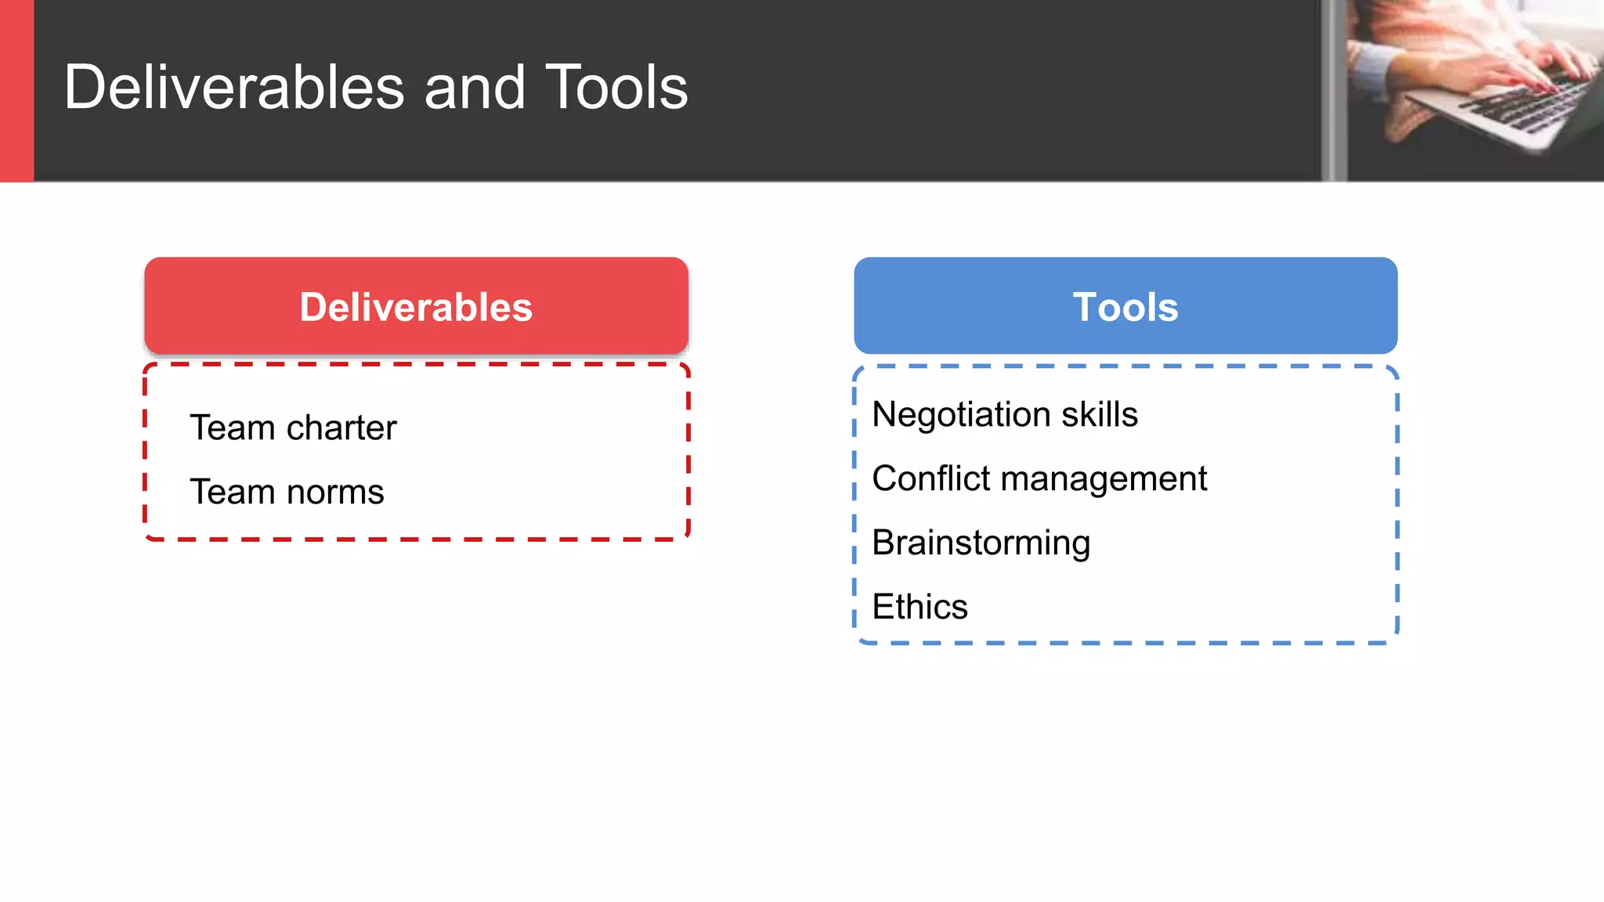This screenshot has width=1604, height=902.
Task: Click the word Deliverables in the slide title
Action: pyautogui.click(x=234, y=88)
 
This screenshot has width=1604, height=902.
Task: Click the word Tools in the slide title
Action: pyautogui.click(x=616, y=88)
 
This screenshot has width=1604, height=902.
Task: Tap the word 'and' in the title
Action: pyautogui.click(x=474, y=88)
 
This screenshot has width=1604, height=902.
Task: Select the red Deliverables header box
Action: pyautogui.click(x=416, y=306)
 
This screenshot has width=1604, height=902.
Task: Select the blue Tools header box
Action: pyautogui.click(x=1125, y=306)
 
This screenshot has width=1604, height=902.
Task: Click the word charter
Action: pyautogui.click(x=341, y=428)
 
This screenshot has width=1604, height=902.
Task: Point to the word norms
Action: pyautogui.click(x=335, y=492)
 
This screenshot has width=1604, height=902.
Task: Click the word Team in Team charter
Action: pyautogui.click(x=232, y=428)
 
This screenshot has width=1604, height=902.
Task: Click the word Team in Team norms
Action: pyautogui.click(x=232, y=492)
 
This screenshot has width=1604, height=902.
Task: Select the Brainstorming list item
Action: pyautogui.click(x=981, y=543)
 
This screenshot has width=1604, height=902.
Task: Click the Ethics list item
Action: pyautogui.click(x=919, y=607)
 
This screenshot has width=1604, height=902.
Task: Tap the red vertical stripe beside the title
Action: pyautogui.click(x=16, y=90)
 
